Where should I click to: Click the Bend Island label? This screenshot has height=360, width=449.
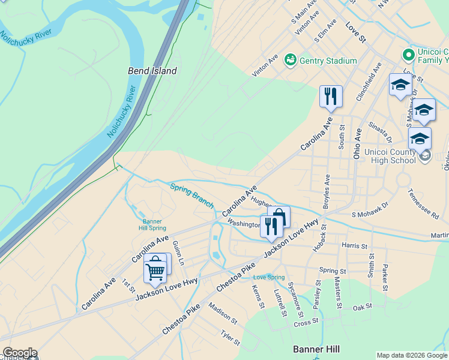[x=152, y=71]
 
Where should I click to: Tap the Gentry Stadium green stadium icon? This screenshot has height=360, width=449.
[x=291, y=60]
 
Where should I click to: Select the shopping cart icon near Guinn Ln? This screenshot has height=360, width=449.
[x=155, y=271]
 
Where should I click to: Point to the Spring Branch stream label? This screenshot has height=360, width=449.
[x=191, y=195]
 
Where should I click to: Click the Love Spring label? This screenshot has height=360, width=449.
[x=268, y=277]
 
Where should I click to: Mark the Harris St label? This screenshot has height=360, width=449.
[x=354, y=246]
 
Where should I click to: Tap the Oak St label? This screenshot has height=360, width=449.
[x=363, y=308]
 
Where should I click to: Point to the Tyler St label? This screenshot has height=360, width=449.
[x=230, y=338]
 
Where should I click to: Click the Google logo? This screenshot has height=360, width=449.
[x=19, y=353]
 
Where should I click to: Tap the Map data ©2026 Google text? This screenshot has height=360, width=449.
[x=411, y=355]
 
